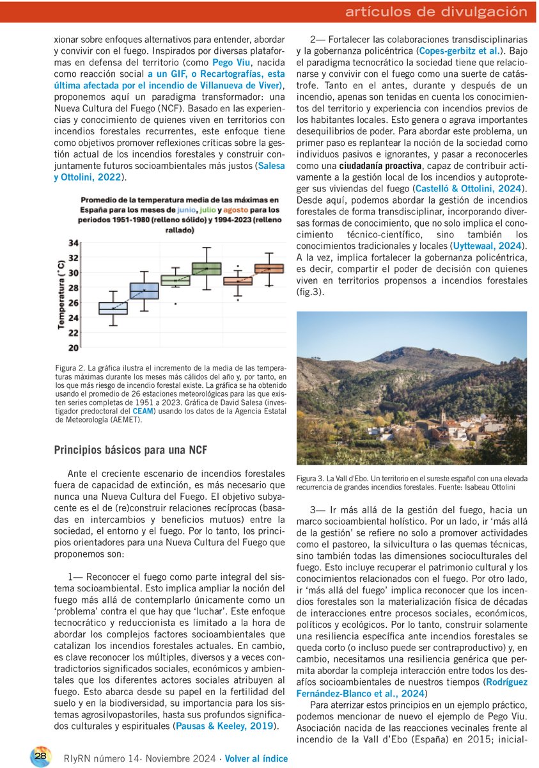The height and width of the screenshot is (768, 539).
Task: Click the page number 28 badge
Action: click(x=42, y=756)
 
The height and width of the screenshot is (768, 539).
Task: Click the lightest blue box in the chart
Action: click(x=113, y=308)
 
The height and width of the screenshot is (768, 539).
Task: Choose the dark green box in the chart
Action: click(x=207, y=268)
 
